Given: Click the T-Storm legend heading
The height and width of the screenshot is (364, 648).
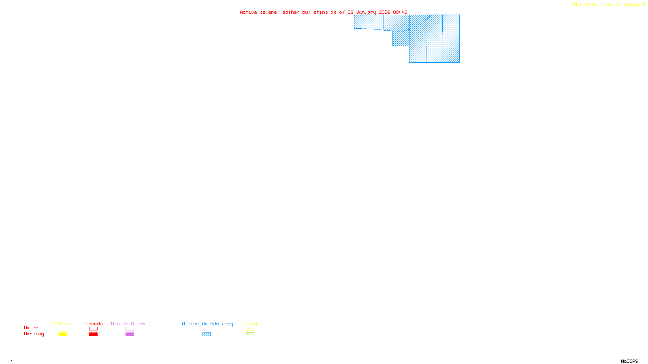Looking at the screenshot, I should tap(62, 324).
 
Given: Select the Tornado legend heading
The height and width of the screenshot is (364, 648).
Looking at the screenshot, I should tap(93, 324).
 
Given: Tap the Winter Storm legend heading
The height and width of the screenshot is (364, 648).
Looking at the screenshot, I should tap(128, 324).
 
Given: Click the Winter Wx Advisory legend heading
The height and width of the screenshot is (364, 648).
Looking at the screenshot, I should tap(207, 324).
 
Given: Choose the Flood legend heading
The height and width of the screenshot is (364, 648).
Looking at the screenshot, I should tap(250, 324).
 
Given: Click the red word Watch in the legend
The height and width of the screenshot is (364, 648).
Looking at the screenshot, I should tap(31, 328).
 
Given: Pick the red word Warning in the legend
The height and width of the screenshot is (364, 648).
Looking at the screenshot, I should tap(34, 334).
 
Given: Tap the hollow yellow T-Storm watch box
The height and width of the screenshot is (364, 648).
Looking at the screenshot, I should tap(63, 329).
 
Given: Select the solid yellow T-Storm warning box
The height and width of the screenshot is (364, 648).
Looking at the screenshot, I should tap(63, 334).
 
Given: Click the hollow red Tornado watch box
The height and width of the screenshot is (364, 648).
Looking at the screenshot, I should tap(93, 329).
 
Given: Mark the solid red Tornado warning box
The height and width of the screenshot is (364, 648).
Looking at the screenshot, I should tap(93, 334).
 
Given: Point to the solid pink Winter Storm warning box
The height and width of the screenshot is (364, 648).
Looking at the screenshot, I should tap(130, 334).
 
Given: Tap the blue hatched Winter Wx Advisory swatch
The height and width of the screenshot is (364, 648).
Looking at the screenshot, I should tap(207, 334).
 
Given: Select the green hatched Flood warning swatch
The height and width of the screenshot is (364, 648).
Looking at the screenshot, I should tap(250, 334).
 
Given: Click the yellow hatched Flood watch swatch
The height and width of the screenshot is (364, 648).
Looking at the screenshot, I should tap(250, 329).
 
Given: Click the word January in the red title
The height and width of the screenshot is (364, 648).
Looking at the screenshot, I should tap(366, 13).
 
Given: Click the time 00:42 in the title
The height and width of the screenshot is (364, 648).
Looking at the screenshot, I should tap(400, 13).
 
